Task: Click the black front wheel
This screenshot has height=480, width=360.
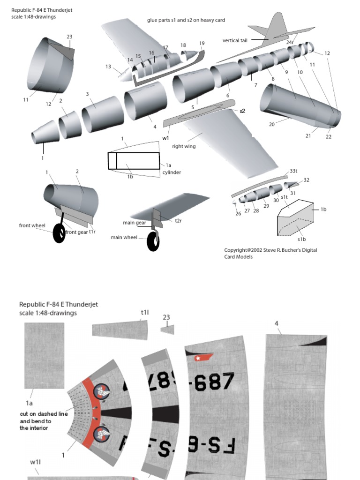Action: point(59,233)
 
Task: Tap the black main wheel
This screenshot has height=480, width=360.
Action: point(153,241)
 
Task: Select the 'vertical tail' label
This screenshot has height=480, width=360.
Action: point(235,40)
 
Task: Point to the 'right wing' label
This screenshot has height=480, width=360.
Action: point(184,146)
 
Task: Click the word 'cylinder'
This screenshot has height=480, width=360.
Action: point(172,172)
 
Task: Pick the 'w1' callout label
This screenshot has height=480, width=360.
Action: point(165,138)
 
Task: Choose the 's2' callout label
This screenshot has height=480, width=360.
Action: point(242,111)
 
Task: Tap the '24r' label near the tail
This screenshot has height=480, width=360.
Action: point(290,42)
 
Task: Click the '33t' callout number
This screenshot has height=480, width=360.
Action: point(293,171)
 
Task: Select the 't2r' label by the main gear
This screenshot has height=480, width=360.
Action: point(178,220)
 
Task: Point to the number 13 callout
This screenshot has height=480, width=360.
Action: point(108,67)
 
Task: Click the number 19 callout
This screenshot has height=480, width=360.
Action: point(202,44)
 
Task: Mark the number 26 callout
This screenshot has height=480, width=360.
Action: point(238,213)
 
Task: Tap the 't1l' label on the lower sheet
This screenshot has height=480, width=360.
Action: point(144,312)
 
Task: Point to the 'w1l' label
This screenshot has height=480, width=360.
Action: point(36,462)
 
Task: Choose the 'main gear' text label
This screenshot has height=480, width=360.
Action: point(135,223)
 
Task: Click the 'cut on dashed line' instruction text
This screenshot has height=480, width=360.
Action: point(39,414)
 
